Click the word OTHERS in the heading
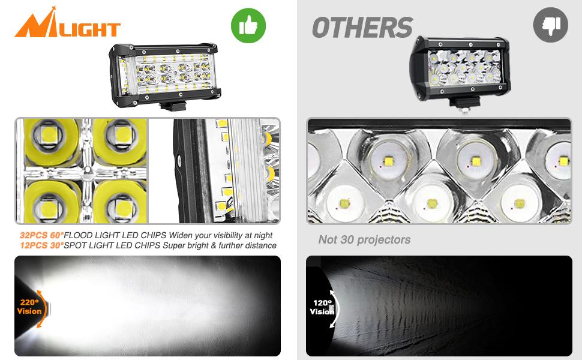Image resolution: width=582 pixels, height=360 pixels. click(x=362, y=28)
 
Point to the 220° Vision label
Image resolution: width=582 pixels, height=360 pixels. click(x=29, y=307)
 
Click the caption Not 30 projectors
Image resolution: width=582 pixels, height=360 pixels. click(x=364, y=240)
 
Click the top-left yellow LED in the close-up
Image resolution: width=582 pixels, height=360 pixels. click(x=49, y=139)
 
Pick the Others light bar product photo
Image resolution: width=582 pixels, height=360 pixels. click(x=460, y=67)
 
